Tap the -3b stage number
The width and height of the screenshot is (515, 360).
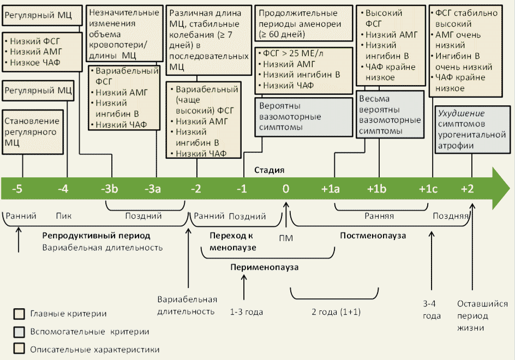tap(110, 189)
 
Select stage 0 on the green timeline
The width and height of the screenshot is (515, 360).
tap(285, 189)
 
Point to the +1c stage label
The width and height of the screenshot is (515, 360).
tap(428, 189)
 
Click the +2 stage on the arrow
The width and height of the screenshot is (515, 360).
tap(467, 189)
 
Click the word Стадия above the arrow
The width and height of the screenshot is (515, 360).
tap(269, 170)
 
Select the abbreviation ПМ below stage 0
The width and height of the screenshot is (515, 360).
tap(285, 238)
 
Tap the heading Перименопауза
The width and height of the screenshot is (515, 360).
tap(265, 267)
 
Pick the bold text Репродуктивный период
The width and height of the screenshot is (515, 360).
tap(96, 236)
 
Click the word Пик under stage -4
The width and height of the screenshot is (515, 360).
tap(64, 216)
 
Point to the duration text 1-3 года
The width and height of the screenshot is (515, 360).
tap(247, 312)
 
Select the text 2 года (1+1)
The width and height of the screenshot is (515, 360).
tap(336, 312)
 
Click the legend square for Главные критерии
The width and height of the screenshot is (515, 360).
tap(19, 314)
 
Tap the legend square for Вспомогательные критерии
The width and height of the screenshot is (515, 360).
tap(19, 331)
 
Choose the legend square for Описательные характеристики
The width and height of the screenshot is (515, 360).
tap(19, 349)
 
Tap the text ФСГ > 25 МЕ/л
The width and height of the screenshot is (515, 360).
tap(295, 54)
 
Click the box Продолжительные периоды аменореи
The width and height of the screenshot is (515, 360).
tap(298, 23)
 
